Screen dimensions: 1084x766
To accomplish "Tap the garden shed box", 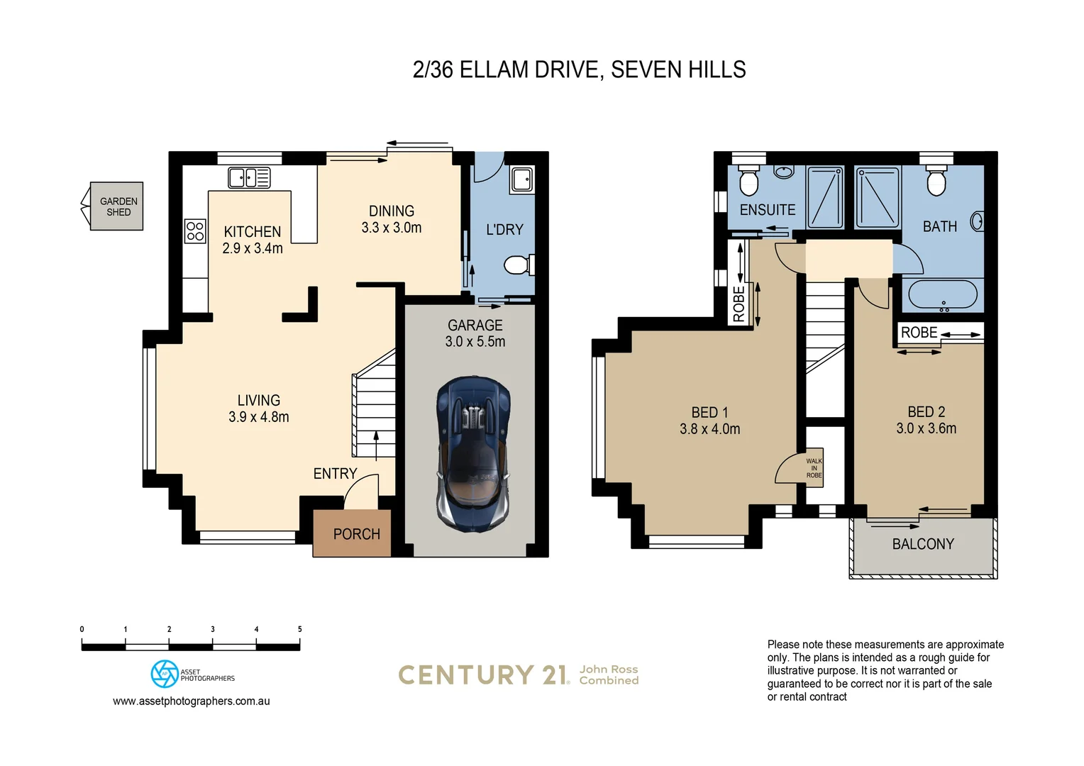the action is pos(116,206).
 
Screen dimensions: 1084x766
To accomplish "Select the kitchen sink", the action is pos(249,177).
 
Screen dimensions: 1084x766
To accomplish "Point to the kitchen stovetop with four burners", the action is pos(195,231).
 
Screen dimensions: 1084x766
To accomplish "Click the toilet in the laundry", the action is pos(519,265).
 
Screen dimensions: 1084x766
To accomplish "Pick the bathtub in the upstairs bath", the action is pos(943,294).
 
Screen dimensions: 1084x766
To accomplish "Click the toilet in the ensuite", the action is pos(748,180).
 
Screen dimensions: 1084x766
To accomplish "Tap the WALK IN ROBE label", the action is pos(814,468).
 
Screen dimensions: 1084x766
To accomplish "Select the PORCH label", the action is pos(357,534).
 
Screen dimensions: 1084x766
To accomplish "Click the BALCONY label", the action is pos(923,544).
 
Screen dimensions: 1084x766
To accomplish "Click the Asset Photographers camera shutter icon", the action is pos(165,674).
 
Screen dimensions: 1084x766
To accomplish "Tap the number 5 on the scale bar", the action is pos(300,629).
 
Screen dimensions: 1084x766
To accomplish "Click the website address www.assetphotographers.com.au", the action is pos(191,701).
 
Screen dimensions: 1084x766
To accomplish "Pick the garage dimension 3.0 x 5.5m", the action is pos(475,342).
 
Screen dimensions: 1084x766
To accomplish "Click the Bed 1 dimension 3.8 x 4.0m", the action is pos(710,428).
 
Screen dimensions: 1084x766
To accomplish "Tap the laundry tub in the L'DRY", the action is pos(522,179).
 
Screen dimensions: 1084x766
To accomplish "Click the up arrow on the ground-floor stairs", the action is pos(376,445).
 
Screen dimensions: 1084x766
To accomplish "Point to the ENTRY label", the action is pos(335,473).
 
